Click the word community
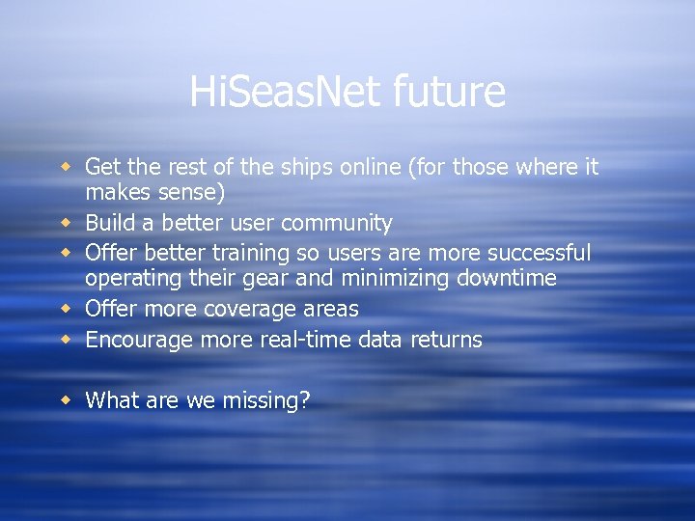[x=334, y=224]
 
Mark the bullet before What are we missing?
[x=68, y=398]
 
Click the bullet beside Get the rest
[x=68, y=167]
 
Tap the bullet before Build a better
[x=68, y=223]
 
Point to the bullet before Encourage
[x=68, y=339]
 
